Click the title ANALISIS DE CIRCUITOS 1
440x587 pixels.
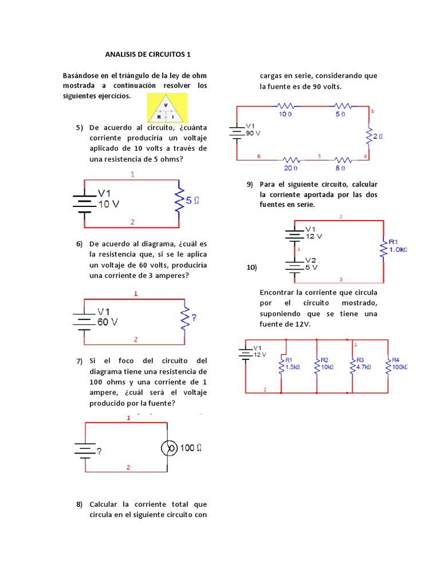tap(148, 54)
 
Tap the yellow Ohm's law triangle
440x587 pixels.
tap(166, 108)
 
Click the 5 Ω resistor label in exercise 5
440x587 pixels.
tap(192, 201)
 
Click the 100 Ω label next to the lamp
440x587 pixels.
tap(191, 448)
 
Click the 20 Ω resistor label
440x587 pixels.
tap(290, 168)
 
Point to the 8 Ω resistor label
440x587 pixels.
tap(341, 168)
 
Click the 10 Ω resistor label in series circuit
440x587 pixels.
tap(285, 114)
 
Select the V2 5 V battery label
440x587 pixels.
tap(310, 264)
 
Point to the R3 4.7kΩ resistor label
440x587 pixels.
tap(364, 363)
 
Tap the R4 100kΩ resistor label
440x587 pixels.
tap(399, 363)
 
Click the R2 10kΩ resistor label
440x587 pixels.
tap(328, 363)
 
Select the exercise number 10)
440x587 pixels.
tap(252, 268)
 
